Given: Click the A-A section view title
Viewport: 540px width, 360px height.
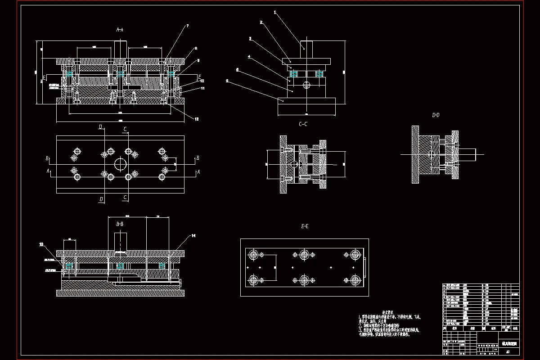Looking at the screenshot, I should (120, 30).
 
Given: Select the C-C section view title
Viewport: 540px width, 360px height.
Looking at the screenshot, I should (303, 124).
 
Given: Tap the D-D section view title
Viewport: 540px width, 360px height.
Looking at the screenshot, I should (436, 115).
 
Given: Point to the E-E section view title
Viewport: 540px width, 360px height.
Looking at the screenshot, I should (304, 226).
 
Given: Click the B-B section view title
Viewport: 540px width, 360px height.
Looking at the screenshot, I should (120, 224).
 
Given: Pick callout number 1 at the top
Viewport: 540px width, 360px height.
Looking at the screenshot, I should (275, 13).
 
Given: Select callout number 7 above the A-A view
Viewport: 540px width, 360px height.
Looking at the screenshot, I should (187, 26).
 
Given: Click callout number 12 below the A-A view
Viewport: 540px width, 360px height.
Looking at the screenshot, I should (197, 119).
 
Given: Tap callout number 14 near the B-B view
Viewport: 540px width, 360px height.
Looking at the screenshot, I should (193, 235).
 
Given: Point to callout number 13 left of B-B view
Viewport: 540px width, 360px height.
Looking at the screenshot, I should (41, 244).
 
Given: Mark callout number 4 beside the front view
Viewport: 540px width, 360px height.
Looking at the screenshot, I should (249, 57).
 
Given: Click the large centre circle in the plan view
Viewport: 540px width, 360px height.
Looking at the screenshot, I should (120, 164).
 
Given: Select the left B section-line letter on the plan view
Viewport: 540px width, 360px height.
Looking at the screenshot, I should (47, 158).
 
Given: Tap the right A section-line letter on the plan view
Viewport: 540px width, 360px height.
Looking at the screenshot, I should (198, 172).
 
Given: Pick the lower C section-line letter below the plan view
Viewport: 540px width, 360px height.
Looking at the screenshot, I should (125, 197).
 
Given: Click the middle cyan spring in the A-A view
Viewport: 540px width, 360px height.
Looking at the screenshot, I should (120, 73).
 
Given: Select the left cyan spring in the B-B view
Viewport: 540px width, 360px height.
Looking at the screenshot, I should (70, 266).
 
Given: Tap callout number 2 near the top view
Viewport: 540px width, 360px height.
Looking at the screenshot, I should (261, 22).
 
